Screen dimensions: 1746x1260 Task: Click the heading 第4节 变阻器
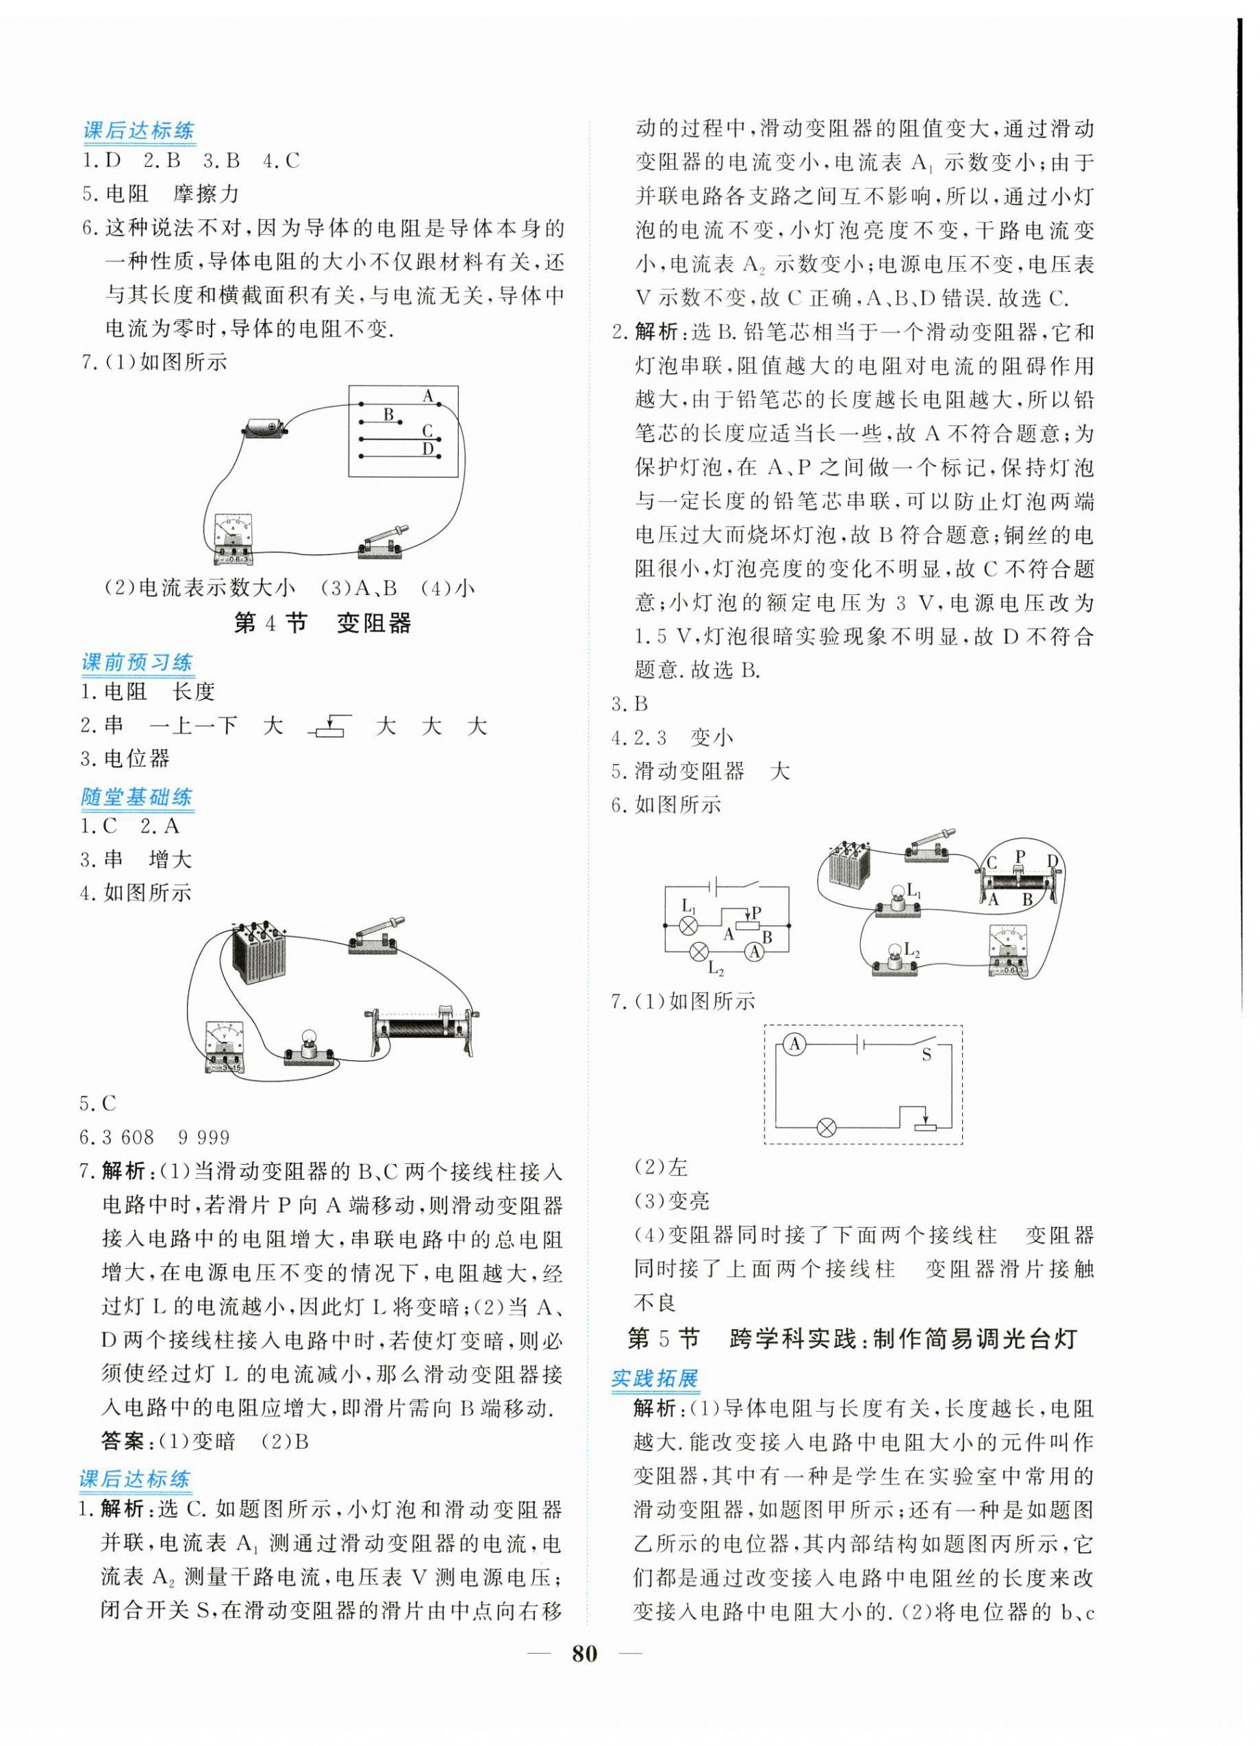(323, 623)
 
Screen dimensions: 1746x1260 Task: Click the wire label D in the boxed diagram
(428, 448)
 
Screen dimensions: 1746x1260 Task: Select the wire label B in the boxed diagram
(389, 414)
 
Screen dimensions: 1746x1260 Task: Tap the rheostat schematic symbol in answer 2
(329, 726)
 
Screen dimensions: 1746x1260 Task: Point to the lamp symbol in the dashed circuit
(826, 1128)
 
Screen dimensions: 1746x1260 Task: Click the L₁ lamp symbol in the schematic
(690, 924)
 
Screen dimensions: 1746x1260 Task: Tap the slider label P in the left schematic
(757, 911)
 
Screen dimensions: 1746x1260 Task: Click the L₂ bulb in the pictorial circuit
(895, 958)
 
